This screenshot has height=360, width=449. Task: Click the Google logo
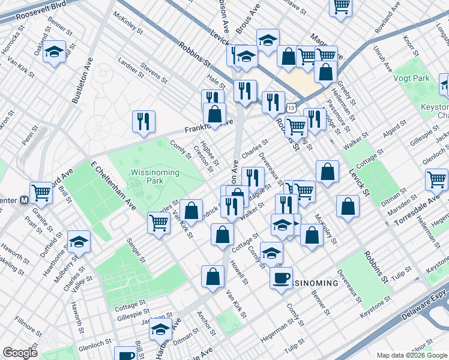click(20, 353)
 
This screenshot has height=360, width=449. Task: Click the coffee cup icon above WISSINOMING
click(281, 277)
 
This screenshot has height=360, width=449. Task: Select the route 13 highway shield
click(291, 107)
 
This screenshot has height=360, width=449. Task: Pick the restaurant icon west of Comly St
click(144, 121)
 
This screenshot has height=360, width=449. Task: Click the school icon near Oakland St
click(54, 52)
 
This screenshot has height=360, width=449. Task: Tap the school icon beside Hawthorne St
click(79, 242)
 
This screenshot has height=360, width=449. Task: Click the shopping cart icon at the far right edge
click(436, 179)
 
